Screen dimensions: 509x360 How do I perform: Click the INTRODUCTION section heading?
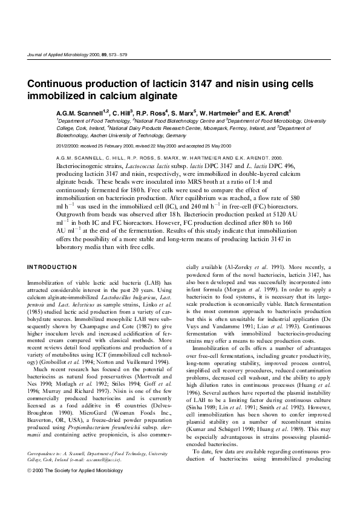pyautogui.click(x=52, y=267)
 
